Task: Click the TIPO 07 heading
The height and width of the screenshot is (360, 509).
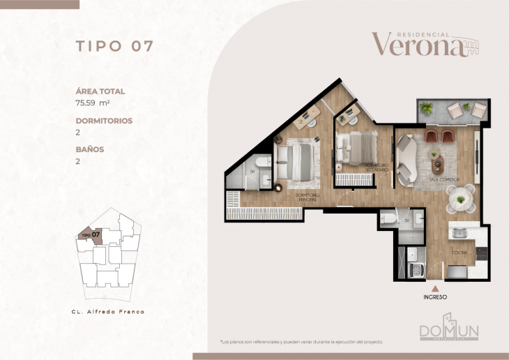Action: click(x=114, y=47)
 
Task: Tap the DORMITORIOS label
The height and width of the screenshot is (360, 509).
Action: click(x=104, y=121)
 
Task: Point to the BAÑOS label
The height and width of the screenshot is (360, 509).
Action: click(x=90, y=149)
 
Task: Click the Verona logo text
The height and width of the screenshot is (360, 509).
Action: click(x=417, y=45)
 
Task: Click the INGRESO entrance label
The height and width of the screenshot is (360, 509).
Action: click(x=435, y=297)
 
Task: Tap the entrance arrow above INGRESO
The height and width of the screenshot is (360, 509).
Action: click(x=435, y=287)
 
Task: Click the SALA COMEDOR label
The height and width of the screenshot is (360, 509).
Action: click(x=443, y=179)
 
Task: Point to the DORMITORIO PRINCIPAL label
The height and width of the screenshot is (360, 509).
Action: click(x=308, y=197)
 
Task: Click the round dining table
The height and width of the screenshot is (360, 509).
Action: click(x=461, y=200)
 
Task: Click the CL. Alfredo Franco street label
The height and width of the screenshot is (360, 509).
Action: click(x=108, y=312)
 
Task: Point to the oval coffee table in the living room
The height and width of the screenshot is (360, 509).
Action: click(x=438, y=166)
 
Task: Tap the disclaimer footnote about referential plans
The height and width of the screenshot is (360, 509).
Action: click(x=301, y=342)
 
